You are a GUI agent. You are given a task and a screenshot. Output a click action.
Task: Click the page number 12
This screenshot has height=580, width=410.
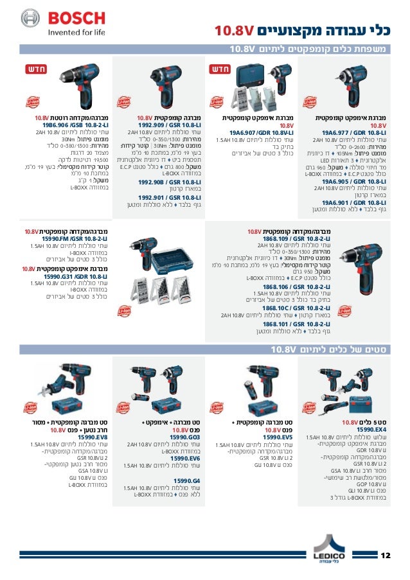coord(386,555)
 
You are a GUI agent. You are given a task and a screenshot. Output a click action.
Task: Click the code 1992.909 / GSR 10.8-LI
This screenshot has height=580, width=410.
coord(165,125)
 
